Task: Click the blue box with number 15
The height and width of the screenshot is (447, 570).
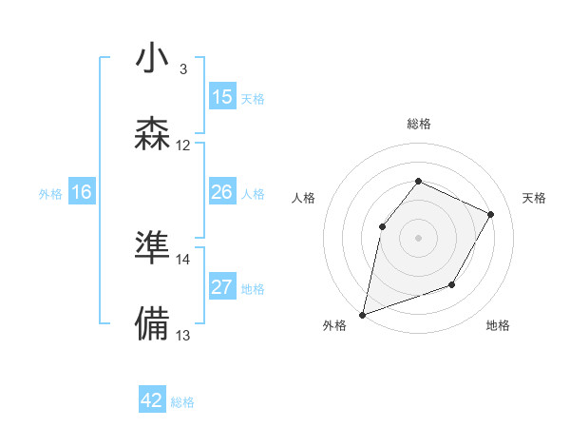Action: click(x=222, y=97)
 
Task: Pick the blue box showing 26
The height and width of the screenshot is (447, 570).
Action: click(x=222, y=192)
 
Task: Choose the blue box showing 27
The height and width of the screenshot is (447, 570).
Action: click(x=222, y=287)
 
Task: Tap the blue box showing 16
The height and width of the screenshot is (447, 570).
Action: click(x=82, y=192)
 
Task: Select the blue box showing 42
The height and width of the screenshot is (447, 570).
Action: click(x=152, y=400)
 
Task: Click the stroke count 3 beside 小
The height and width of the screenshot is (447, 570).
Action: click(x=183, y=69)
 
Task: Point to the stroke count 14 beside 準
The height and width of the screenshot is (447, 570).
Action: click(x=183, y=259)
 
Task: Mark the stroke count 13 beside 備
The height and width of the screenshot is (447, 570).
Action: click(x=183, y=335)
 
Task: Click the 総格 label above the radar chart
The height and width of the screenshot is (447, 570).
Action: click(x=418, y=124)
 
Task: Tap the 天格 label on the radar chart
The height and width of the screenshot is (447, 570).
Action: click(x=534, y=198)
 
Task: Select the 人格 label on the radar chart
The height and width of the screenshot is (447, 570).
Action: click(x=304, y=198)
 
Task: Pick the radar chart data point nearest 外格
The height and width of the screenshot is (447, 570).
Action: click(x=362, y=314)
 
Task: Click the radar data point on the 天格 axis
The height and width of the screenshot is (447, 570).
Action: click(x=491, y=214)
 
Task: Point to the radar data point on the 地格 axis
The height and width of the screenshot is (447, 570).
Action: click(x=452, y=284)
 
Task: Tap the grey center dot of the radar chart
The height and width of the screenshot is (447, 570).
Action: click(x=418, y=237)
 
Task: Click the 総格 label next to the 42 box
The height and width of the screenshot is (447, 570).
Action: click(x=182, y=402)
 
